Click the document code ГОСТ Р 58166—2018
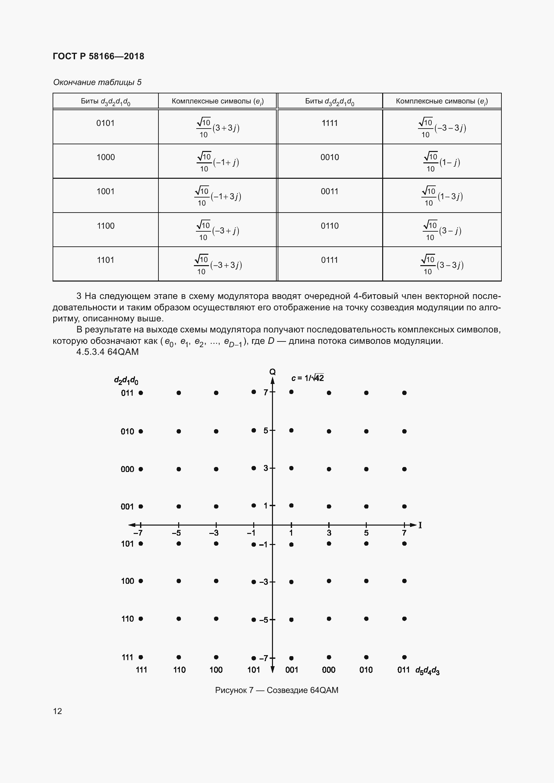[x=98, y=56]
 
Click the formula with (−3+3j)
[x=218, y=265]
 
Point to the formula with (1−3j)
[x=442, y=196]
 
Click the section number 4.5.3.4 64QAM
[x=108, y=351]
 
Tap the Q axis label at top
[x=272, y=372]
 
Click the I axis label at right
[x=420, y=525]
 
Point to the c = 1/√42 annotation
[x=307, y=378]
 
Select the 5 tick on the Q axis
[x=266, y=431]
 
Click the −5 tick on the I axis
[x=177, y=533]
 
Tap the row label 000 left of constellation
[x=127, y=469]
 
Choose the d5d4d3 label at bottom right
[x=427, y=671]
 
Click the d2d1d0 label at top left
[x=126, y=380]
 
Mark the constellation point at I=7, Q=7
[x=404, y=393]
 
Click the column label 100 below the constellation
[x=216, y=670]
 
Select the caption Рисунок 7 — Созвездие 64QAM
[x=277, y=690]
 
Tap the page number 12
[x=57, y=711]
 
